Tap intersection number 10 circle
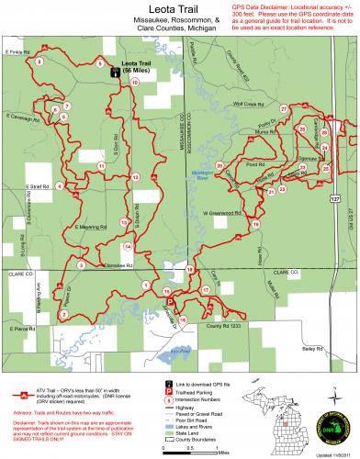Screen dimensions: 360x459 click(135, 84)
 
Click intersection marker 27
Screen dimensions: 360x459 click(284, 109)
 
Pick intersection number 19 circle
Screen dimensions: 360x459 click(255, 224)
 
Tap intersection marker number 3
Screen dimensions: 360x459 click(81, 265)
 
